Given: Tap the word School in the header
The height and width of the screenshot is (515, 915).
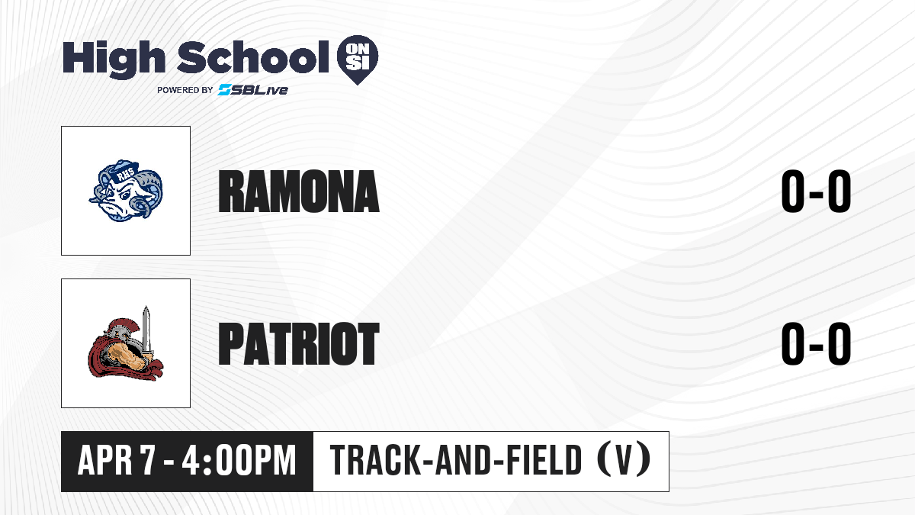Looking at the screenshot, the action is click(x=253, y=57).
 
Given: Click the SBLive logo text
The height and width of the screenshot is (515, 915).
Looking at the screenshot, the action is click(x=252, y=89).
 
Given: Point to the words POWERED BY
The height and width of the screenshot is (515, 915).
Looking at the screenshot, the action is click(x=185, y=90).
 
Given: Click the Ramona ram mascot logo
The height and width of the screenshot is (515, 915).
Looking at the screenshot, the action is click(x=126, y=191).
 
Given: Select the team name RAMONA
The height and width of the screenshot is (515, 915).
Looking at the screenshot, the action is click(x=299, y=192).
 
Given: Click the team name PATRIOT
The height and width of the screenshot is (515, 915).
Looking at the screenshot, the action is click(x=299, y=343).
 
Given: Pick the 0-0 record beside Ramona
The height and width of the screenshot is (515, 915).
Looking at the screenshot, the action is click(x=816, y=191).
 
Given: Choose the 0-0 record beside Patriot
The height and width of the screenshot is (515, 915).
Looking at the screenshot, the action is click(x=816, y=343).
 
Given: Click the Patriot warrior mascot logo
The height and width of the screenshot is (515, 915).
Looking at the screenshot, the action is click(x=125, y=343).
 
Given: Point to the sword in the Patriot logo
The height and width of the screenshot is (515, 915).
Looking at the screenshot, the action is click(x=146, y=331).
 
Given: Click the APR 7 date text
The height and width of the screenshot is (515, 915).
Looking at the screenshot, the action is click(x=117, y=461).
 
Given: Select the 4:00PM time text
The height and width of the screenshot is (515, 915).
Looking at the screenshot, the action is click(x=239, y=461).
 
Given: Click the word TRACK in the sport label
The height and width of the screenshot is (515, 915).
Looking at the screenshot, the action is click(x=375, y=461).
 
